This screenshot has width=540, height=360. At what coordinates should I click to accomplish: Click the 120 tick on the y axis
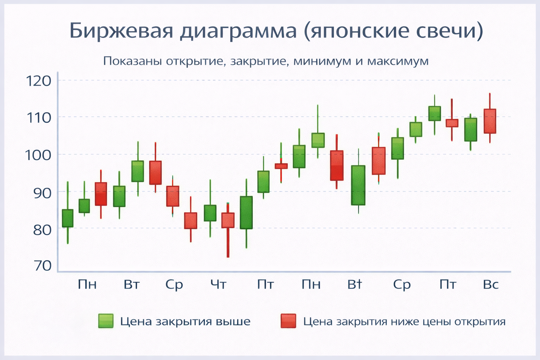pyautogui.click(x=39, y=81)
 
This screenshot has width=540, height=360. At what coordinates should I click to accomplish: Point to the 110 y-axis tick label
pyautogui.click(x=39, y=117)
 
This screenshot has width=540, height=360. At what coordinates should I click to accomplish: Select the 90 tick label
pyautogui.click(x=41, y=192)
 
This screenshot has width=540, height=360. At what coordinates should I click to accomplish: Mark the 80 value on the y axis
pyautogui.click(x=41, y=230)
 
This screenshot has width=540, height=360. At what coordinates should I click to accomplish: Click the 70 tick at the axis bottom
pyautogui.click(x=41, y=265)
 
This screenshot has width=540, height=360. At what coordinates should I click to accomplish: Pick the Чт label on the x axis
pyautogui.click(x=218, y=284)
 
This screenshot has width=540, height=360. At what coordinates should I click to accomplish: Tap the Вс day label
pyautogui.click(x=491, y=284)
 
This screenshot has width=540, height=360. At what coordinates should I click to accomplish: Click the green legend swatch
pyautogui.click(x=106, y=321)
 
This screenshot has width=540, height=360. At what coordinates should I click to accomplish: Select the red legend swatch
pyautogui.click(x=288, y=321)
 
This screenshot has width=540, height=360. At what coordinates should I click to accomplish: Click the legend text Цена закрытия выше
pyautogui.click(x=185, y=321)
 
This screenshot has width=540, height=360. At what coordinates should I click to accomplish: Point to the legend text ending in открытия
pyautogui.click(x=404, y=321)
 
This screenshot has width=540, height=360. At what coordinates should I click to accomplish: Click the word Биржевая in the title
pyautogui.click(x=122, y=31)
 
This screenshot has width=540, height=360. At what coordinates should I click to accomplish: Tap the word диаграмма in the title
pyautogui.click(x=238, y=31)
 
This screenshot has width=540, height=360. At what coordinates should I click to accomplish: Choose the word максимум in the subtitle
pyautogui.click(x=398, y=61)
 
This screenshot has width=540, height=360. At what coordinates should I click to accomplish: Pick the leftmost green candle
pyautogui.click(x=67, y=218)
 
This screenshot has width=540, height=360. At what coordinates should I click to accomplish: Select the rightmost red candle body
pyautogui.click(x=490, y=121)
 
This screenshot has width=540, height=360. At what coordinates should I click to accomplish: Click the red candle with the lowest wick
pyautogui.click(x=228, y=220)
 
